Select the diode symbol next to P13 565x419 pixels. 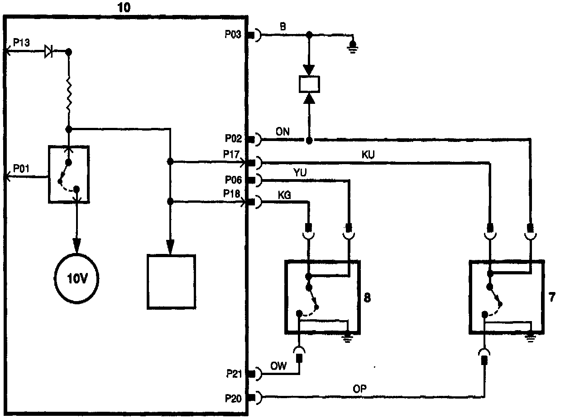(x=48, y=52)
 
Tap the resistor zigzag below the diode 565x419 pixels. (x=68, y=94)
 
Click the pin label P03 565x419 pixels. (x=234, y=34)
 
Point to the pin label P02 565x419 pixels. (x=234, y=138)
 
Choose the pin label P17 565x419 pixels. (x=232, y=155)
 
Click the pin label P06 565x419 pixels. (x=234, y=180)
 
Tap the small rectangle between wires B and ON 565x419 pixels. (x=310, y=83)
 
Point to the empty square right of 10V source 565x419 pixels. (x=172, y=282)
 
